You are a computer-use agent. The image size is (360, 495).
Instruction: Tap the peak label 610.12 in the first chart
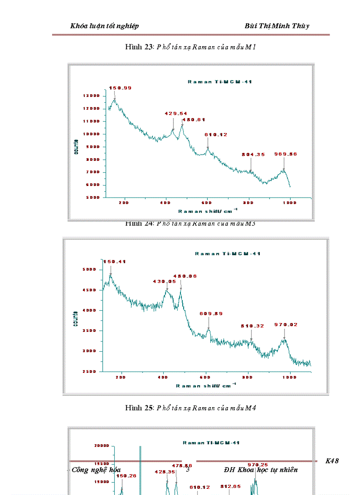[216, 135]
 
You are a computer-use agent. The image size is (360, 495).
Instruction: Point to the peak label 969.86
[286, 154]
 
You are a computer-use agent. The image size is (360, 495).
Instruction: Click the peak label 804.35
[253, 154]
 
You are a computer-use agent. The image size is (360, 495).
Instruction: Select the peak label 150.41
[115, 262]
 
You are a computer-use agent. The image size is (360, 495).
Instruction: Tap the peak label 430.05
[164, 281]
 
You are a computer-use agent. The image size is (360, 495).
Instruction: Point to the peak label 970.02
[286, 325]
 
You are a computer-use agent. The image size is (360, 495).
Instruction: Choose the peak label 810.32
[252, 326]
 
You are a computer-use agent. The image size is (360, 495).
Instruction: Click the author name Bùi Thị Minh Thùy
[277, 26]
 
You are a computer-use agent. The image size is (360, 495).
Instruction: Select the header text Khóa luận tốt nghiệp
[105, 26]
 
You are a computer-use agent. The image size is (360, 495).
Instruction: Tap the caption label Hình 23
[139, 48]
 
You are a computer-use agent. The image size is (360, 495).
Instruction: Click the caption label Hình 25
[139, 408]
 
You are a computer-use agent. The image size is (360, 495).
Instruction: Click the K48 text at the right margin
[332, 461]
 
